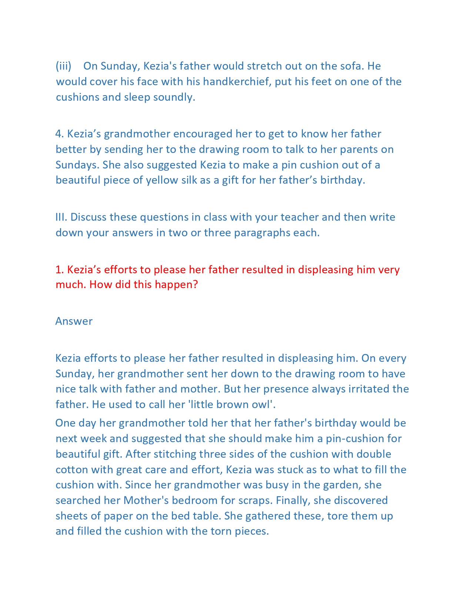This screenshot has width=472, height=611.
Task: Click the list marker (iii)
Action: point(63,66)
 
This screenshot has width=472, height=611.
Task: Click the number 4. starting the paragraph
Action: point(59,134)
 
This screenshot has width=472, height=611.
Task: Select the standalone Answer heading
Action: point(74,321)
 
